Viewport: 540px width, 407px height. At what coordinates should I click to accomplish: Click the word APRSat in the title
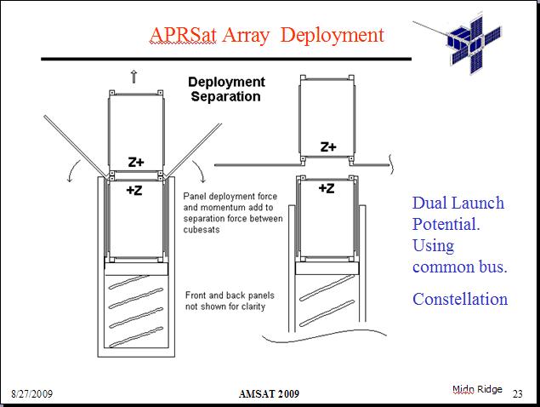(183, 35)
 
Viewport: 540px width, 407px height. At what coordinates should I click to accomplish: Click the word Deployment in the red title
(332, 35)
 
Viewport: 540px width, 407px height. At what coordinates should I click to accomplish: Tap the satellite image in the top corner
(459, 43)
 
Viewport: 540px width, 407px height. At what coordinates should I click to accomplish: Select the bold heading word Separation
(225, 96)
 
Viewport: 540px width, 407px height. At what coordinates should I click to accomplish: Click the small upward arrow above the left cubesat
(134, 77)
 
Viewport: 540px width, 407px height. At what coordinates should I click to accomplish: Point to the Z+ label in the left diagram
(136, 162)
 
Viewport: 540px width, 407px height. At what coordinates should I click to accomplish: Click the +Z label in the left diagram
(134, 190)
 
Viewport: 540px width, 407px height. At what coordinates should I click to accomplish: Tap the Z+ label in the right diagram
(328, 147)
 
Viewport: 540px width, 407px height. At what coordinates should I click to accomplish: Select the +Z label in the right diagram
(327, 188)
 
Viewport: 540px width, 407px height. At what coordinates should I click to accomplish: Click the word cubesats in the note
(202, 230)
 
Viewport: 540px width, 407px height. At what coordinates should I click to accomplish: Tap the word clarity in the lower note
(253, 307)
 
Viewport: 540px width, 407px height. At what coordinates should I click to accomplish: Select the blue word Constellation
(460, 299)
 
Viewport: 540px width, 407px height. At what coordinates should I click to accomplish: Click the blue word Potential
(446, 225)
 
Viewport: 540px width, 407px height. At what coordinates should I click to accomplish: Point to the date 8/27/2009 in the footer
(32, 394)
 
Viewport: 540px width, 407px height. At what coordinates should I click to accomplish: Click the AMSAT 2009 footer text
(269, 394)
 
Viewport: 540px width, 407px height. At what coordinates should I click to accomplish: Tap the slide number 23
(518, 394)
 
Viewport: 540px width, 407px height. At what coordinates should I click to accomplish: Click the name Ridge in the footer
(490, 390)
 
